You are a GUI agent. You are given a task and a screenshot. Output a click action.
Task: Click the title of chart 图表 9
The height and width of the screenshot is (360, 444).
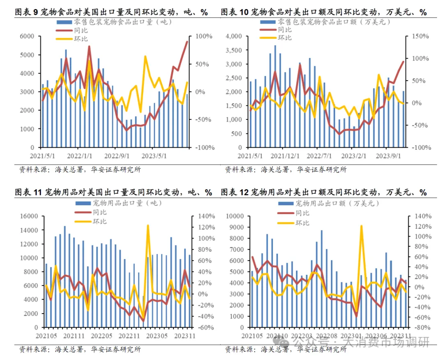(x=111, y=12)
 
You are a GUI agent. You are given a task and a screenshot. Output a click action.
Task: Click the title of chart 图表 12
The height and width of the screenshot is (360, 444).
(x=324, y=193)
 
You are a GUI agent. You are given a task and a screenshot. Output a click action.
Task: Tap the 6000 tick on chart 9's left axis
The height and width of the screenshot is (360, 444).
(x=28, y=37)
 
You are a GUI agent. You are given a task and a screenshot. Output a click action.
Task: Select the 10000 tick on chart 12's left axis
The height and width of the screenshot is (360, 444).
(x=236, y=216)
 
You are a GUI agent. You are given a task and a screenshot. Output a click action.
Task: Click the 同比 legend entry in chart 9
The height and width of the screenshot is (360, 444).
(x=81, y=30)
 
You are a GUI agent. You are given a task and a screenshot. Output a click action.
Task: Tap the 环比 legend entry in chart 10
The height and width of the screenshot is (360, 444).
(x=284, y=37)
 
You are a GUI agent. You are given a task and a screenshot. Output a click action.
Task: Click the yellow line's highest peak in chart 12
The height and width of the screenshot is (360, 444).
(x=361, y=226)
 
